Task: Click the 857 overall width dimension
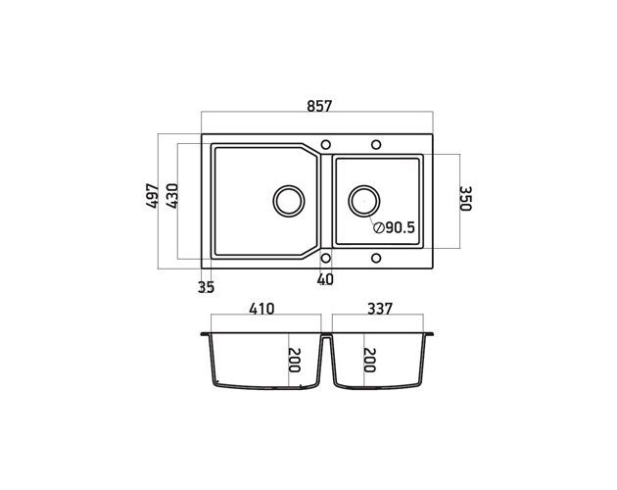319,106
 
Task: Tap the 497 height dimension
152,195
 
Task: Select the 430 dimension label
172,196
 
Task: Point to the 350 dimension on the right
465,199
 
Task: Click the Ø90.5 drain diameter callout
395,227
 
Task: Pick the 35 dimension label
206,287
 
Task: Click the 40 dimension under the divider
325,279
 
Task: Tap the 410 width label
261,309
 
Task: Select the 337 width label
380,309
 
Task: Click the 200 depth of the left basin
295,360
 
